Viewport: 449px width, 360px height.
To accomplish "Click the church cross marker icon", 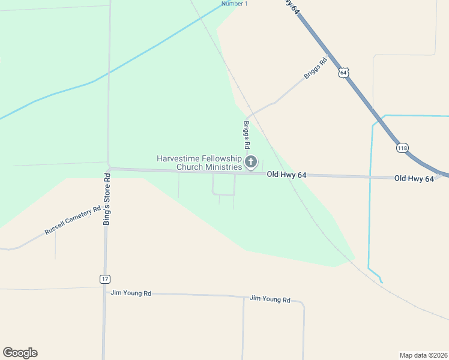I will tap(251, 161).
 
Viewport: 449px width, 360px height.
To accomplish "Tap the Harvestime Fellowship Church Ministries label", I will tap(199, 163).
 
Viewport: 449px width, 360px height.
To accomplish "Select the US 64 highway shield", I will tap(343, 72).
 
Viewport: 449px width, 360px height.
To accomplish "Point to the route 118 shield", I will tap(402, 148).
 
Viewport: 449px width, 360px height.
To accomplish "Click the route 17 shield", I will tap(105, 279).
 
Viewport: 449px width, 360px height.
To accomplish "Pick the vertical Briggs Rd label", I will tap(246, 135).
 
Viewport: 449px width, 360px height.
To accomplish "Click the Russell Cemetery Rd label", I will tap(72, 221).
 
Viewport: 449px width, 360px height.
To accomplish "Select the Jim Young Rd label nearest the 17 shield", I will tap(131, 293).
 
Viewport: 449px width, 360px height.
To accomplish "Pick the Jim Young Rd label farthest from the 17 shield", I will tap(270, 299).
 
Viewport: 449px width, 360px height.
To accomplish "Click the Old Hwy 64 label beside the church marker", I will tap(287, 175).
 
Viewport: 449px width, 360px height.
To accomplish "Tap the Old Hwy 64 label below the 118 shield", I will tap(414, 179).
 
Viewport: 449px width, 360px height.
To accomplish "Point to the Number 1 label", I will tap(234, 4).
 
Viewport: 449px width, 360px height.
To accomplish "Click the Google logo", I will tap(20, 353).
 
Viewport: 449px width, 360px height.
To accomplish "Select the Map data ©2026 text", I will tap(423, 355).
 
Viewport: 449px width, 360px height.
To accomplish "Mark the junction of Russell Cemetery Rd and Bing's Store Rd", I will tap(106, 206).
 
